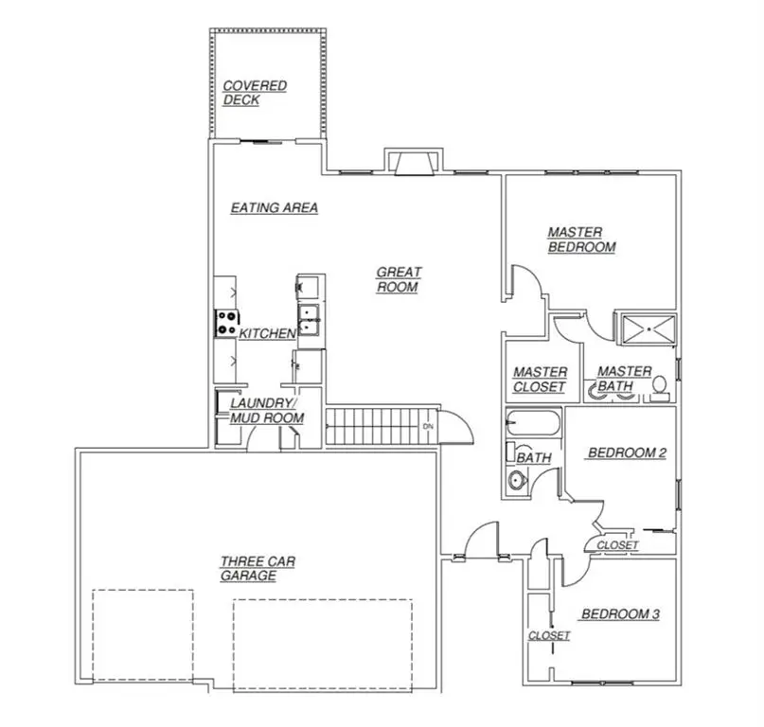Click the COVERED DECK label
point(254,93)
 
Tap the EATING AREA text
point(274,208)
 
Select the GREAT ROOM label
point(399,279)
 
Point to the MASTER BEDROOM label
point(581,239)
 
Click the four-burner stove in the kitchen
point(226,324)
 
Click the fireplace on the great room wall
point(412,163)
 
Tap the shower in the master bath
point(647,328)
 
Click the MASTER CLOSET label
point(540,380)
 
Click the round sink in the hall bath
point(517,480)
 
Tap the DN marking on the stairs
point(428,426)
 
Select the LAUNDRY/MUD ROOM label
point(266,410)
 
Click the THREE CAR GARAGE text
point(255,568)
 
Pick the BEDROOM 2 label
point(627,453)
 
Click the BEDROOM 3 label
point(619,614)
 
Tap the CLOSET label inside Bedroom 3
point(549,635)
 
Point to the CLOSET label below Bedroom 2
point(617,545)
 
